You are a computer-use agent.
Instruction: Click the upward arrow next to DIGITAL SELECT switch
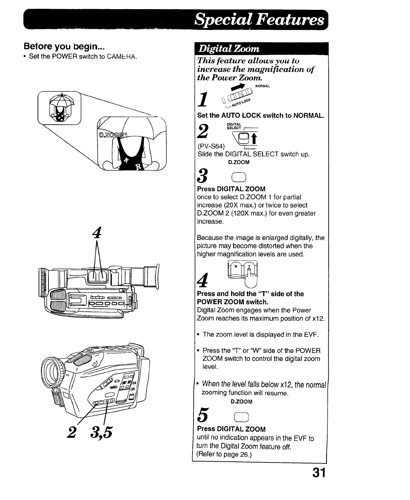(253, 139)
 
